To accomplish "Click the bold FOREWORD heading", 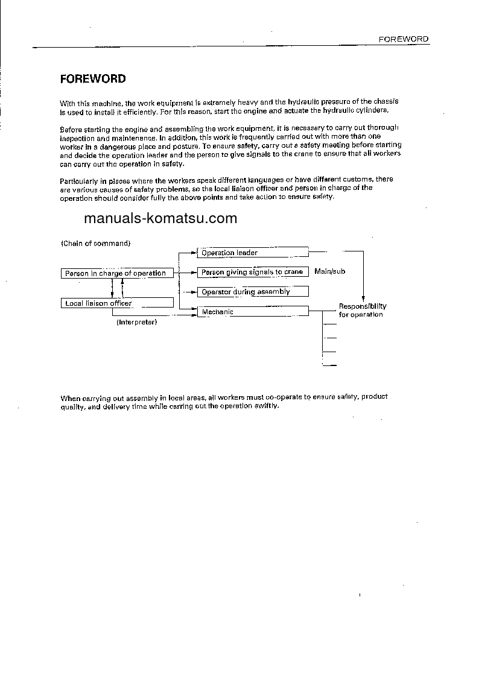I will pos(93,79).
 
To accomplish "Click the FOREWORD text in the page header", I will pos(403,39).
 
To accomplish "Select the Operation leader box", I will pos(253,253).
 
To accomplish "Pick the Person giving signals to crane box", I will pos(253,272).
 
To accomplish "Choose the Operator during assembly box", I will pos(253,292).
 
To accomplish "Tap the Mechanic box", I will pos(253,312).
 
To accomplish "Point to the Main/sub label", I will pos(329,272).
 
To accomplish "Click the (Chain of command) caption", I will pos(95,243).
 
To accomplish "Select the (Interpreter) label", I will pos(136,322).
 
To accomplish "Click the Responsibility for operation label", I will pos(362,310).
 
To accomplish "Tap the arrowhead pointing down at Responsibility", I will pos(363,298).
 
